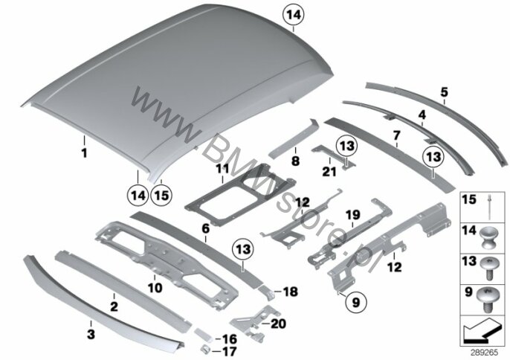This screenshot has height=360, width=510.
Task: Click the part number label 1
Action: pos(84,154)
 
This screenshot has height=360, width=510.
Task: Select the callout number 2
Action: pos(114,305)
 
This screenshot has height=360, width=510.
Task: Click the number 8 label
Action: pos(294,159)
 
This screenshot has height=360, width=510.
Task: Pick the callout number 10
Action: pos(156,286)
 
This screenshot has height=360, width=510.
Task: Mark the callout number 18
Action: pos(291,290)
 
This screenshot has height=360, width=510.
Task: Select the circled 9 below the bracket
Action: pos(355,303)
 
